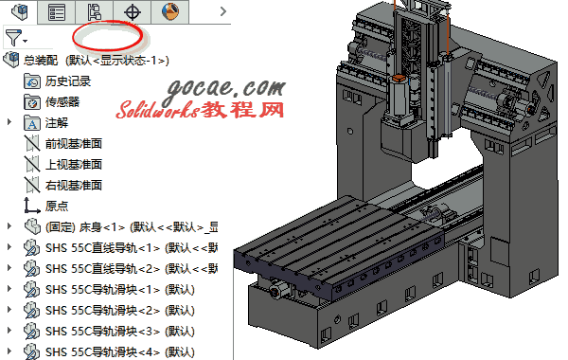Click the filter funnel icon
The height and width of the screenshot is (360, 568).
pyautogui.click(x=13, y=38)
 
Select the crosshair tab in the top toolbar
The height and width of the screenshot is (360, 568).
pyautogui.click(x=133, y=12)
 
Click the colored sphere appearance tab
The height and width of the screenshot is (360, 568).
pyautogui.click(x=169, y=11)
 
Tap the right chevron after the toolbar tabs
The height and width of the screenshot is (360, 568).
pyautogui.click(x=223, y=11)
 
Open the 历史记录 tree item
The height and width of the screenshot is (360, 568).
pyautogui.click(x=68, y=81)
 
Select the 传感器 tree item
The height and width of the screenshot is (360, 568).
pyautogui.click(x=62, y=102)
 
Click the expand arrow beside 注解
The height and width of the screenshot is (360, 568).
pyautogui.click(x=9, y=122)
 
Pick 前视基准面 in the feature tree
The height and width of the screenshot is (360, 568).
pyautogui.click(x=74, y=144)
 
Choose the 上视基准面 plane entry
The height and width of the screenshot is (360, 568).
pyautogui.click(x=74, y=164)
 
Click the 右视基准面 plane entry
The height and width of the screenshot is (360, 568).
pyautogui.click(x=74, y=186)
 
